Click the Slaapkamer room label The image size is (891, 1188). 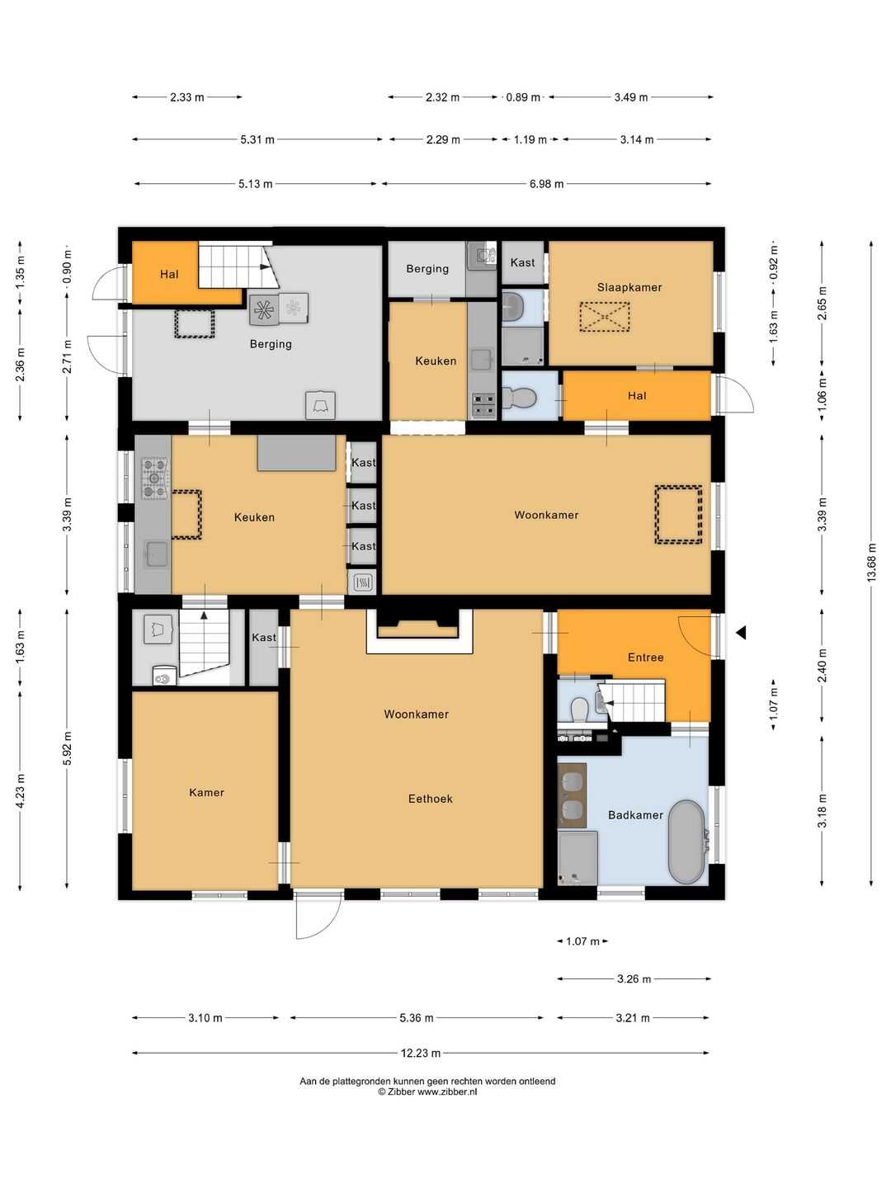[629, 287]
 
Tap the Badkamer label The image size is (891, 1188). [635, 815]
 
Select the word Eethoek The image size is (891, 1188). [430, 799]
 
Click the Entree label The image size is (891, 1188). [645, 658]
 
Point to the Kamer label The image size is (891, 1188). [206, 792]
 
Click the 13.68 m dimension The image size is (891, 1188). [871, 563]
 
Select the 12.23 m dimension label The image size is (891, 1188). [421, 1054]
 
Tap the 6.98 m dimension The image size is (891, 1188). [546, 184]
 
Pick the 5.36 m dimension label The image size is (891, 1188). [416, 1018]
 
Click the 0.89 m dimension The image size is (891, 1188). [522, 97]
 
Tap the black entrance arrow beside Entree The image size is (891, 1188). [741, 632]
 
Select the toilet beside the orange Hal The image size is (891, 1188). [519, 398]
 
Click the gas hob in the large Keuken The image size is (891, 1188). [154, 478]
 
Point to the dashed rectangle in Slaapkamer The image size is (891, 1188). [604, 317]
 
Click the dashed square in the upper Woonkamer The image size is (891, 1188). [678, 514]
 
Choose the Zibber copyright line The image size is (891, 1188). [427, 1091]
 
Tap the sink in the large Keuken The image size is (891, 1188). [156, 554]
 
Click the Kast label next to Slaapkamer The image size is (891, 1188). [522, 262]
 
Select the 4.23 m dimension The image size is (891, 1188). [21, 790]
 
